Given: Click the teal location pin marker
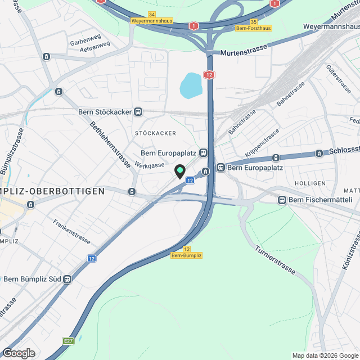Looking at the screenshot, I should [180, 171].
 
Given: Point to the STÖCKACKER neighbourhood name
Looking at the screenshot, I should [156, 133].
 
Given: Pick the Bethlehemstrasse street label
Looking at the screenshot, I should [110, 141].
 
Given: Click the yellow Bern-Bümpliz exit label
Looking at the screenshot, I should [186, 255].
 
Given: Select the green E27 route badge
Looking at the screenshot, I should [69, 341].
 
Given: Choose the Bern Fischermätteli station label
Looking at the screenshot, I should [319, 200].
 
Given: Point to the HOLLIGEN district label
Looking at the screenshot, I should [310, 183].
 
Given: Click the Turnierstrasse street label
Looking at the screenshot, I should [275, 260].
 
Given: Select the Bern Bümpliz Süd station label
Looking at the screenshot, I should [32, 278].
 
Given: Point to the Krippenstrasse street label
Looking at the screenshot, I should [262, 143].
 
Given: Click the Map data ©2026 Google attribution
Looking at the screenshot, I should [325, 355].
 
